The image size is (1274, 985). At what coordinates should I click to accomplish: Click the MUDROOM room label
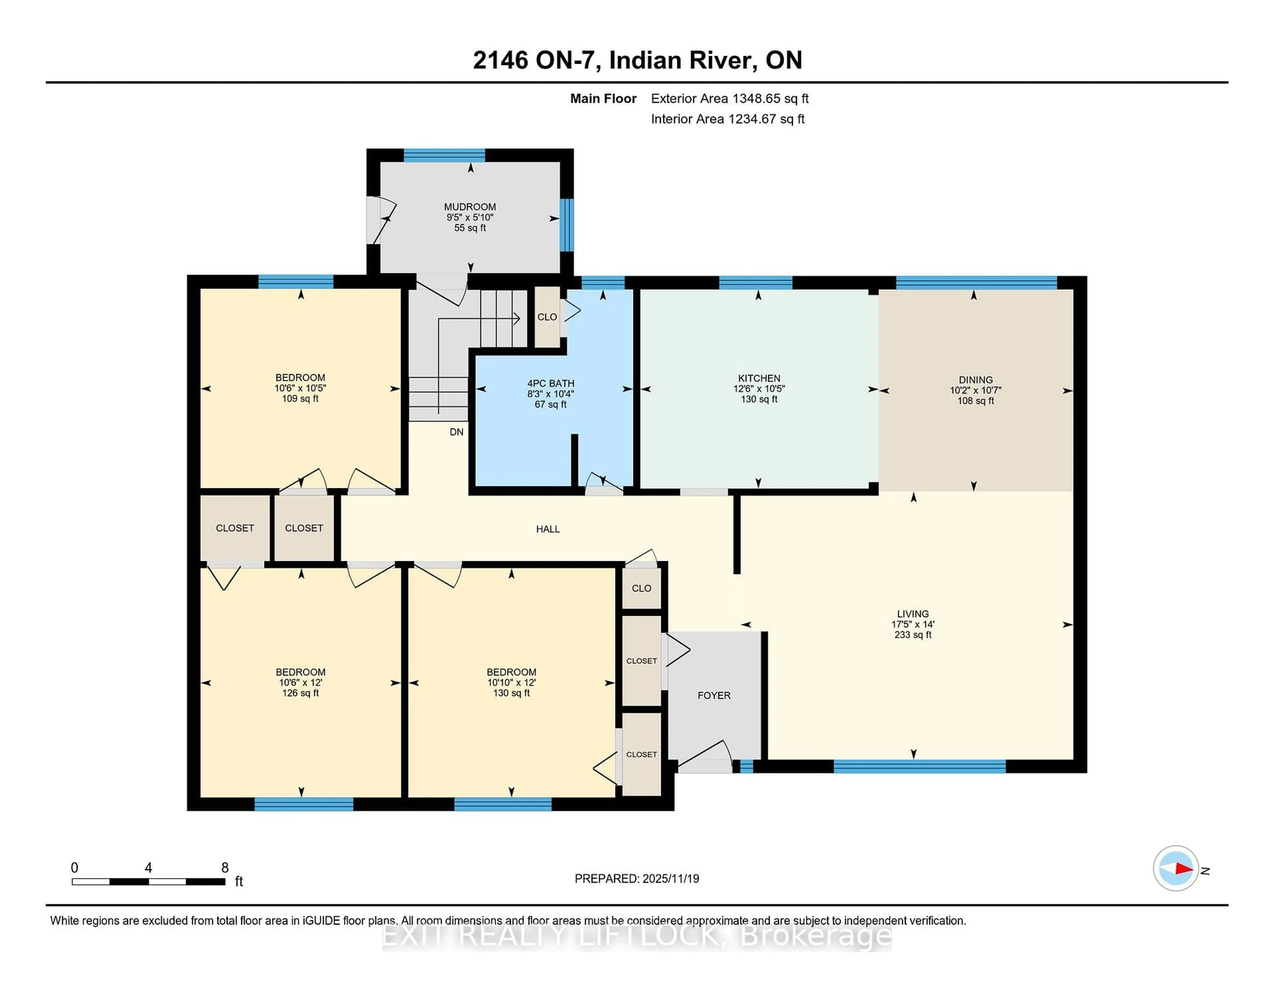(469, 206)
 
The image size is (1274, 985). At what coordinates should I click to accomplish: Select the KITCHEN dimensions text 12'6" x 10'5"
(758, 389)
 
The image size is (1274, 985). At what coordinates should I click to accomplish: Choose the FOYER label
(713, 696)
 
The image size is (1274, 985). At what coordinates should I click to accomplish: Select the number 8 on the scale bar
(225, 868)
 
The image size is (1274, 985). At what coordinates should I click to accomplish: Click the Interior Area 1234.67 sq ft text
(728, 119)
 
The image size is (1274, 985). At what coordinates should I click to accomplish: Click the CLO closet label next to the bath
(546, 317)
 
